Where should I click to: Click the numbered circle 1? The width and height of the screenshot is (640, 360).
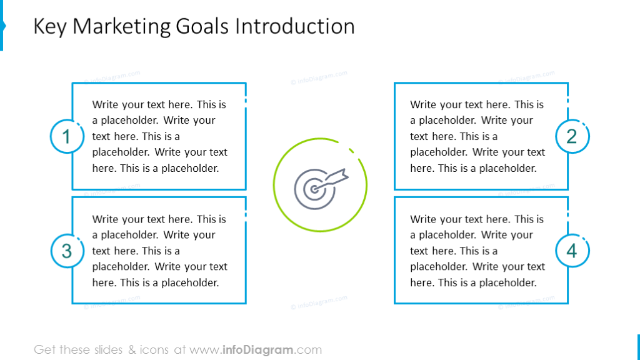(67, 136)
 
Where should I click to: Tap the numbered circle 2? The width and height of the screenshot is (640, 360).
(572, 136)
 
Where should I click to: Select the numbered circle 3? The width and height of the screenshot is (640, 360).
(67, 251)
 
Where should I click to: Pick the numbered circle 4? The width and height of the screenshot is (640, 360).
(572, 251)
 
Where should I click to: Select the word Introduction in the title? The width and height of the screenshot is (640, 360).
(295, 27)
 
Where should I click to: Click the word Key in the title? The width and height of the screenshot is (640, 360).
(50, 27)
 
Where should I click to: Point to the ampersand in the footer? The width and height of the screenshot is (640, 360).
(132, 349)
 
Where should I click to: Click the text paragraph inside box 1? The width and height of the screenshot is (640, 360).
(159, 136)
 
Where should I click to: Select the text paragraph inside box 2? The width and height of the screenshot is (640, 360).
(477, 136)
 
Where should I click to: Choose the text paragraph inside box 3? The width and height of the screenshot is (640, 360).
(159, 251)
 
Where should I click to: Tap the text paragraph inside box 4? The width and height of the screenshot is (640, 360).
(477, 251)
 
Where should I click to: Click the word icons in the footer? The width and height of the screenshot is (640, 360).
(154, 349)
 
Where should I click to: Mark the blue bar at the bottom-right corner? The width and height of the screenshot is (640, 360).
(637, 347)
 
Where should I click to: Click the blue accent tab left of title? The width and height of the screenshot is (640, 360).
(2, 26)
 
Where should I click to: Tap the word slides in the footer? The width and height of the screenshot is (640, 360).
(109, 349)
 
